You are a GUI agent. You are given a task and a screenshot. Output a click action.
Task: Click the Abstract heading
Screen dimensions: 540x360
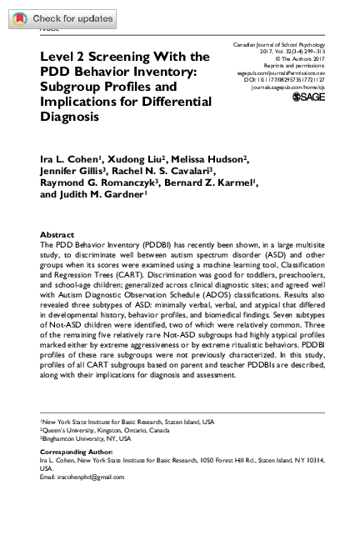[57, 235]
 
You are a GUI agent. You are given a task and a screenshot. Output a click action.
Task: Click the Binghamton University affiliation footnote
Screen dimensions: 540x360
[87, 437]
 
